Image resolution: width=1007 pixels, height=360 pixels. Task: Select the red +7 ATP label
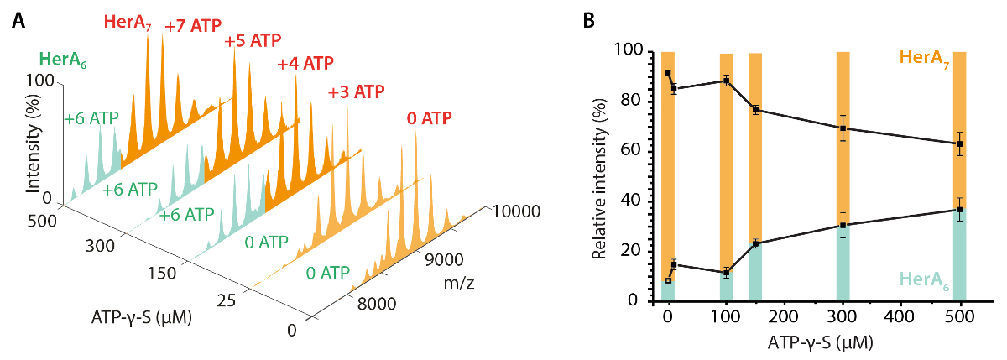pyautogui.click(x=192, y=26)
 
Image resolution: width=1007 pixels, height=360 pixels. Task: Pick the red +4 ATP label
pyautogui.click(x=305, y=64)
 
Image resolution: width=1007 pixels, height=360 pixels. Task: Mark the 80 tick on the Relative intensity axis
pyautogui.click(x=633, y=102)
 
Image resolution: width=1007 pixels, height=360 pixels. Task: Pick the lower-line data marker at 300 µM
pyautogui.click(x=843, y=226)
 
